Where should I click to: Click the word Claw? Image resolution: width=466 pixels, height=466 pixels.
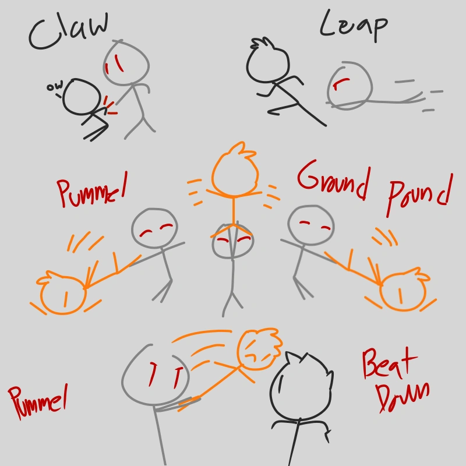tap(69, 31)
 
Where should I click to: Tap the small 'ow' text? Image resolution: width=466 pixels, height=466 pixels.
tap(55, 86)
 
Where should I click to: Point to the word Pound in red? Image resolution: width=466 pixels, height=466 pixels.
tap(419, 195)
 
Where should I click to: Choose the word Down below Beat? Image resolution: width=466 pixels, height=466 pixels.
tap(403, 397)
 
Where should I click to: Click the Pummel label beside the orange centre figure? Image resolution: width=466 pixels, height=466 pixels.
tap(91, 190)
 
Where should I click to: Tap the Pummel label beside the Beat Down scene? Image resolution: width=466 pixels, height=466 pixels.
tap(38, 401)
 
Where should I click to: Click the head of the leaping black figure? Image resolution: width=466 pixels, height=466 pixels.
tap(267, 62)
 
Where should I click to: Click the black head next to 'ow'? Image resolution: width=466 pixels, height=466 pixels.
tap(82, 97)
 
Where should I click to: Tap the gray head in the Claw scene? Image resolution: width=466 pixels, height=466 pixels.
tap(126, 63)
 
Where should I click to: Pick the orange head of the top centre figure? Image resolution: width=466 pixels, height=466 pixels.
tap(235, 171)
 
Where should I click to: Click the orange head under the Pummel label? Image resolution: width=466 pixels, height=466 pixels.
tap(63, 294)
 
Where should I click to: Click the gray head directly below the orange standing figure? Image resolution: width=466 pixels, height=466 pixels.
tap(233, 241)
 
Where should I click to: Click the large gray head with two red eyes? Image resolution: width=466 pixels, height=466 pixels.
tap(155, 375)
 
